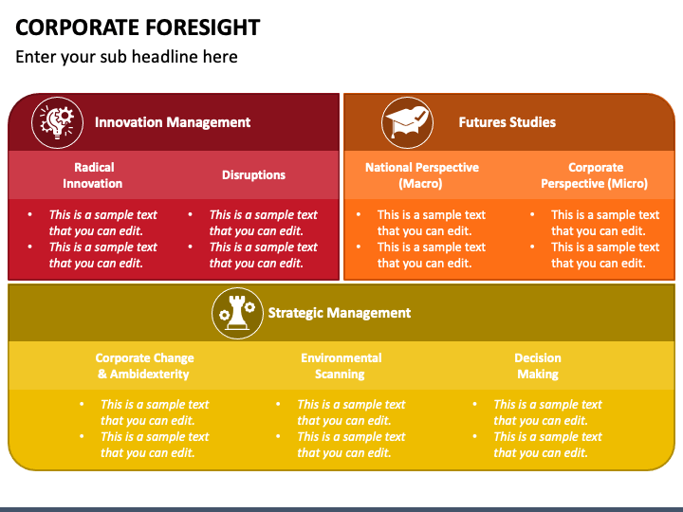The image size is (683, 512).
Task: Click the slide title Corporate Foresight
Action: (x=138, y=26)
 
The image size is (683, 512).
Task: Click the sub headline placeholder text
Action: (x=126, y=57)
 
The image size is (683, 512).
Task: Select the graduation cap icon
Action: (x=407, y=121)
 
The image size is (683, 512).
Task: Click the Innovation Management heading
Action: (x=173, y=122)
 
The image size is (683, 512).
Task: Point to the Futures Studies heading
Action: (x=507, y=122)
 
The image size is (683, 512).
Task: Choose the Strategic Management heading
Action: (x=340, y=313)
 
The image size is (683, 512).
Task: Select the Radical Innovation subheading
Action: (x=93, y=175)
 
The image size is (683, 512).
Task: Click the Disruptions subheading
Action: (x=253, y=175)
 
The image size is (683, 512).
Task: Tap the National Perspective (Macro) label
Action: (x=422, y=175)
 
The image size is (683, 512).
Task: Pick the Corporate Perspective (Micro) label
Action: (x=595, y=175)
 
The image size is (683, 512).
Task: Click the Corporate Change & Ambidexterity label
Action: (x=144, y=366)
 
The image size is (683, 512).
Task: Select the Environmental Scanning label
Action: (x=341, y=366)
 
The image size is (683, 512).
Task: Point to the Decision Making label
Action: (x=538, y=366)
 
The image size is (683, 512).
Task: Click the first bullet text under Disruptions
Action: (x=263, y=223)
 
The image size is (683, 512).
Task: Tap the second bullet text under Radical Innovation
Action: (x=102, y=255)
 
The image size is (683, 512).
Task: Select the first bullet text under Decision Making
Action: (x=547, y=412)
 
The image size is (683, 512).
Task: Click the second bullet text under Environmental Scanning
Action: (x=351, y=445)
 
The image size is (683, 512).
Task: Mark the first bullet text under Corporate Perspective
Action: (x=604, y=223)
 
